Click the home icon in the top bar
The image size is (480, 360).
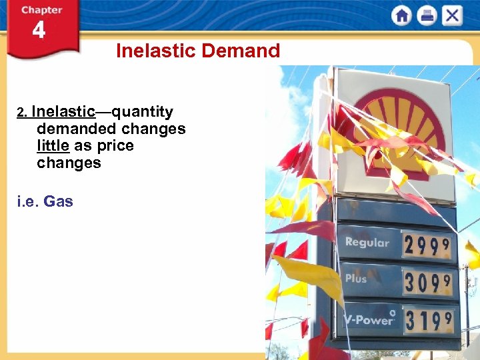pos(401,15)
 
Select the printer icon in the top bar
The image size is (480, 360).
pos(427,15)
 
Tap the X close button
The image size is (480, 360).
pos(452,15)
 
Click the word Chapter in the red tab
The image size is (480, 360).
pos(41,10)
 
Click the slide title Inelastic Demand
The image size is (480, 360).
pos(198,51)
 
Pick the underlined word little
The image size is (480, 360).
pos(53,145)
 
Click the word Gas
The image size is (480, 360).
pos(59,201)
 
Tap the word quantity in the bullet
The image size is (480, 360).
pos(142,111)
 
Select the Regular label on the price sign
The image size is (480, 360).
pos(367,243)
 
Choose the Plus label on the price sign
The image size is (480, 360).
pos(356,279)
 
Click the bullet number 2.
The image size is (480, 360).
pos(21,113)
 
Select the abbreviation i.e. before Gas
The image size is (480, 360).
pos(28,201)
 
